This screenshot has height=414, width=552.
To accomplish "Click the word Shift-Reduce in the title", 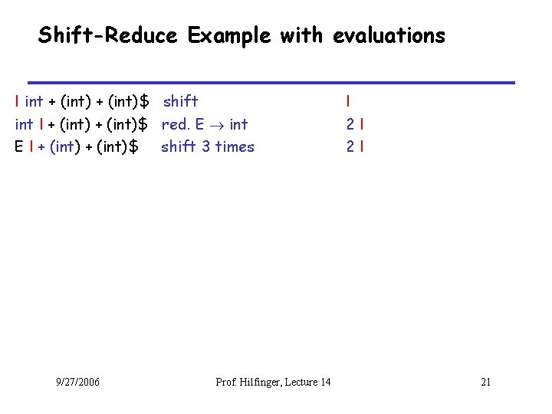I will (108, 35).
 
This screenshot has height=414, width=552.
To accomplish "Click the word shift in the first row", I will (181, 101).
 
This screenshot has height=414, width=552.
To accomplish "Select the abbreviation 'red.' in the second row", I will (176, 123).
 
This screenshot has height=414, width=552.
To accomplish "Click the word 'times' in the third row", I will (234, 146).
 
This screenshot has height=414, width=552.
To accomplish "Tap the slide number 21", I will (485, 382).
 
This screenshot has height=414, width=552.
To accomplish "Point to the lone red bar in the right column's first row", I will (348, 101).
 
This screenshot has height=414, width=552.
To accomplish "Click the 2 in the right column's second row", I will (350, 123).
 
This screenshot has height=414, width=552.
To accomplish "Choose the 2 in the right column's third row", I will (350, 146).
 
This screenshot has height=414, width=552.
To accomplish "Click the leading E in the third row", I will (18, 146).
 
